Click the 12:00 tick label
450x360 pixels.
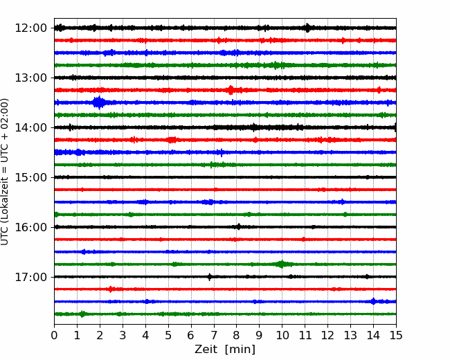coord(30,28)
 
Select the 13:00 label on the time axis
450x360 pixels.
coord(30,78)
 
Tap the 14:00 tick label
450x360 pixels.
coord(30,127)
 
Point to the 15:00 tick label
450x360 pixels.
coord(30,177)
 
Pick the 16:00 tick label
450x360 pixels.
coord(30,227)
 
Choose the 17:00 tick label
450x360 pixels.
coord(30,277)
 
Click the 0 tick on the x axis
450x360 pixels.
coord(54,335)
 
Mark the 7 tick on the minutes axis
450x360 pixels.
coord(213,335)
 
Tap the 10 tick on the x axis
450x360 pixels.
coord(282,335)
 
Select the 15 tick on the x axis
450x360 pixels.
coord(396,335)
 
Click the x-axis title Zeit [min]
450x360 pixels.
coord(225,350)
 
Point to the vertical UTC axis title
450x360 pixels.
coord(4,172)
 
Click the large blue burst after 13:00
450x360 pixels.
coord(99,102)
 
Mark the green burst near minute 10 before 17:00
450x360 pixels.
coord(282,264)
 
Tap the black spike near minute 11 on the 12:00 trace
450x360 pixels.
coord(307,28)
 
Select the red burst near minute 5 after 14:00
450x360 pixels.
coord(172,140)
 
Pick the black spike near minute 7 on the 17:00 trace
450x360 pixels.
coord(210,277)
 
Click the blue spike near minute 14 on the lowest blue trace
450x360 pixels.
coord(373,301)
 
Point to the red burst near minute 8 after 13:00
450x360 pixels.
coord(231,90)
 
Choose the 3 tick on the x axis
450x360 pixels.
coord(123,335)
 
